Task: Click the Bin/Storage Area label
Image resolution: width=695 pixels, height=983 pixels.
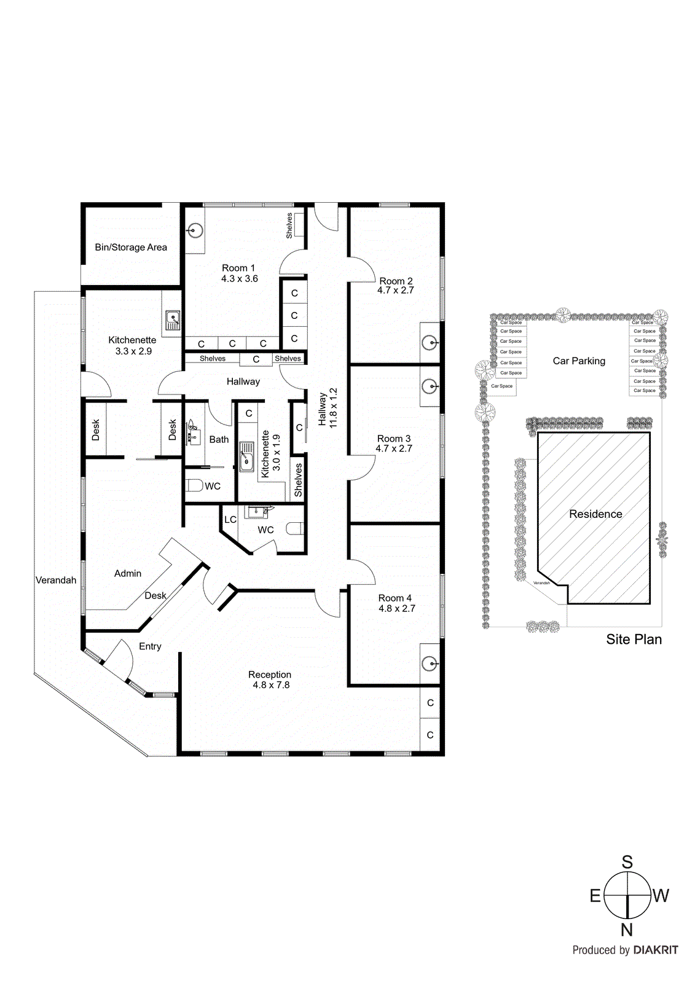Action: [x=131, y=247]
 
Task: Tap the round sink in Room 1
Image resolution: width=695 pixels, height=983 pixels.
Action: [x=195, y=231]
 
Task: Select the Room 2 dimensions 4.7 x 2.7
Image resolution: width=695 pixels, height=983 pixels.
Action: [x=395, y=290]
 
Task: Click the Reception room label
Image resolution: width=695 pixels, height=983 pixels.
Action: [x=270, y=675]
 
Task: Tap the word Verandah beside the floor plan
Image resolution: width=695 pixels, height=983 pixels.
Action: [x=56, y=580]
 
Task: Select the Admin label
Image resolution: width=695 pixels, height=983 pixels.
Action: [x=128, y=573]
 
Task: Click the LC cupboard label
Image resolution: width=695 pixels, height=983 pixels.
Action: [x=230, y=520]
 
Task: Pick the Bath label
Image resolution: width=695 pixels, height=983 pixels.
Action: [x=219, y=439]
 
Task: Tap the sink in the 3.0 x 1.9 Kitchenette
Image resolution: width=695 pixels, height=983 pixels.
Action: [x=247, y=456]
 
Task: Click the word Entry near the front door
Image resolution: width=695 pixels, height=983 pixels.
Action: [x=150, y=646]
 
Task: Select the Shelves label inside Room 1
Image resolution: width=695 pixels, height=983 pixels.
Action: [x=289, y=225]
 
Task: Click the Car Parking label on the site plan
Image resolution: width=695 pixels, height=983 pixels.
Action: [x=579, y=361]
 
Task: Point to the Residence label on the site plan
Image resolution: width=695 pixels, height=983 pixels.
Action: [x=595, y=514]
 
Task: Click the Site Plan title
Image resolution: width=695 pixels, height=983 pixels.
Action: [x=634, y=640]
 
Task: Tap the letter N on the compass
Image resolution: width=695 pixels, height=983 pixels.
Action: [x=626, y=930]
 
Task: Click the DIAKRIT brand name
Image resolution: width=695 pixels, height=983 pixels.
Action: [x=656, y=950]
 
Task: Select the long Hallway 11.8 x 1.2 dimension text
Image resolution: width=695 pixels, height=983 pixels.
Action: [x=334, y=407]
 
